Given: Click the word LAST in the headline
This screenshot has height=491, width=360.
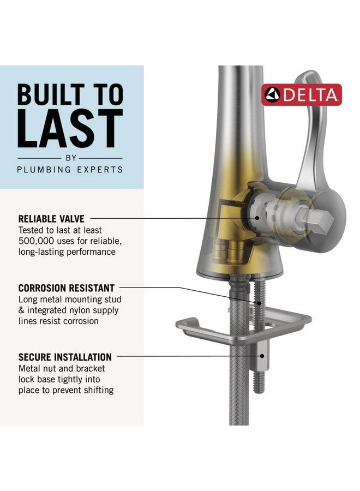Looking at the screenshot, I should tap(70, 129).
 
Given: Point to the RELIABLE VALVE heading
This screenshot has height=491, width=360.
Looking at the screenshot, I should tap(51, 219).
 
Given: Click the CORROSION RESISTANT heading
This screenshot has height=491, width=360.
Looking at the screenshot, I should tap(66, 288).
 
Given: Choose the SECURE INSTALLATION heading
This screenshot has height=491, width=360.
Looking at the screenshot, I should tap(65, 357).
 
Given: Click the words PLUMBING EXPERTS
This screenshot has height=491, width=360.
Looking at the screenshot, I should tap(70, 169).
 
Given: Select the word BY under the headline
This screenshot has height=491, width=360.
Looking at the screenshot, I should tap(70, 158).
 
